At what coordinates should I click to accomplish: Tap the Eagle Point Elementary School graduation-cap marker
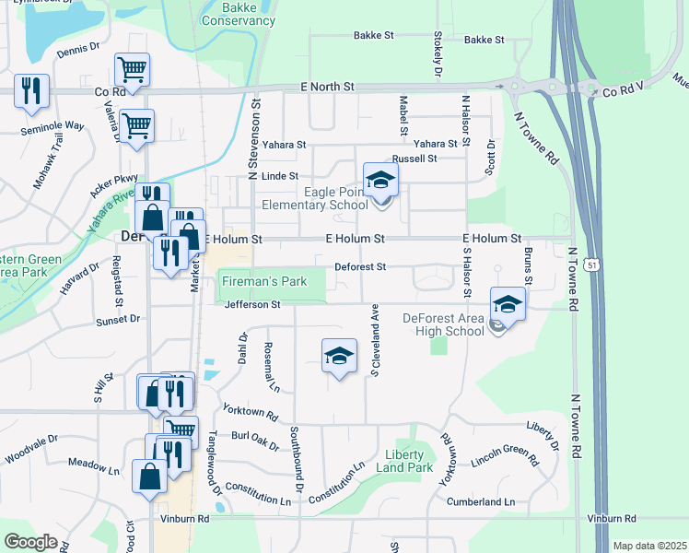click(380, 181)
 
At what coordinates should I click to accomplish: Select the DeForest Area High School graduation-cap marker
click(508, 303)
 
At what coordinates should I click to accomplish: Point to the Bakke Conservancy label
click(239, 14)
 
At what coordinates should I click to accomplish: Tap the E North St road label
click(327, 86)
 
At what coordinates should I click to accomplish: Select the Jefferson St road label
click(251, 304)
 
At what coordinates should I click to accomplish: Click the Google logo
click(30, 542)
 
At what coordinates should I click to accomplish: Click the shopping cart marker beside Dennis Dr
click(132, 70)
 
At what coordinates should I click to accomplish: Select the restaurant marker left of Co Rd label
click(32, 91)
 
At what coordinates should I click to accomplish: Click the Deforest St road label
click(359, 267)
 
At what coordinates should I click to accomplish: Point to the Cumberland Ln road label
click(481, 502)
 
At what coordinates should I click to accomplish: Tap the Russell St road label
click(414, 159)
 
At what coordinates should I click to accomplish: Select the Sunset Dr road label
click(117, 319)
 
